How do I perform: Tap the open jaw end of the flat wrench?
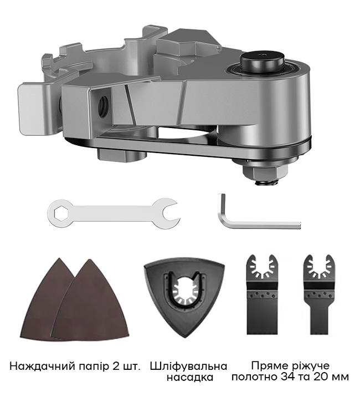(168, 212)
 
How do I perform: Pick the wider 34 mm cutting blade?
(262, 294)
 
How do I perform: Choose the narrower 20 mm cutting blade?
(318, 294)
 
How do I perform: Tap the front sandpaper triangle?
(90, 299)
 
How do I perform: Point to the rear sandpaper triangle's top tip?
(59, 258)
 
